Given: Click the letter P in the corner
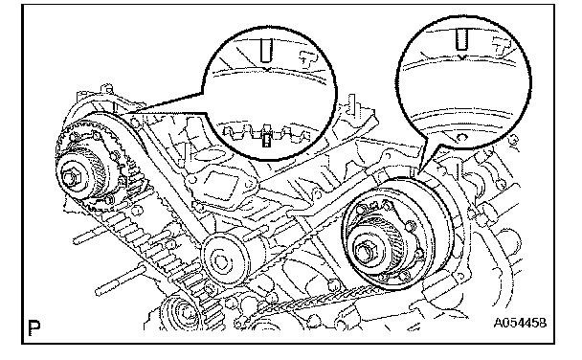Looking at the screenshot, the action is tap(34, 327).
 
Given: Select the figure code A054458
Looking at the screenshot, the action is tap(520, 323).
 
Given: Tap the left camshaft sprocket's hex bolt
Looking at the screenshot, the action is tap(71, 178).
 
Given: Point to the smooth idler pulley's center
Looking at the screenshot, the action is tap(221, 261).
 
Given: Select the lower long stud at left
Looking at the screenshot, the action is tap(118, 280).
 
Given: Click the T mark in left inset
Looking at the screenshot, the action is tap(308, 57).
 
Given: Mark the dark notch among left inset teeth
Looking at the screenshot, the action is tap(266, 138).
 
